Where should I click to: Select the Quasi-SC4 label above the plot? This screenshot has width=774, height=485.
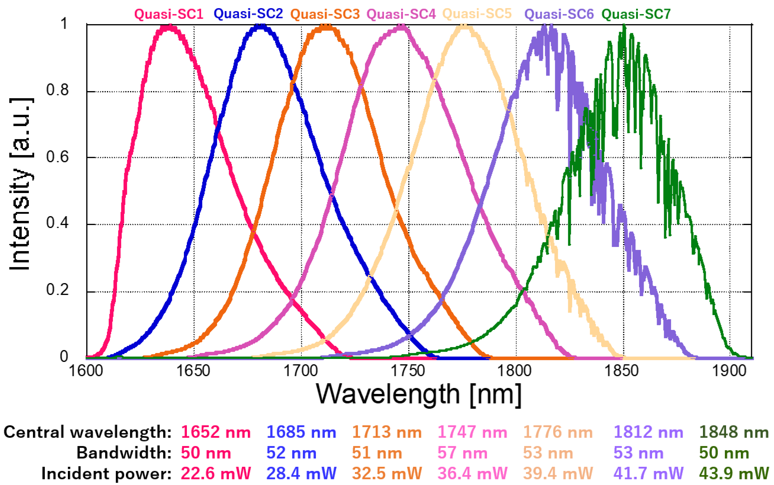point(401,14)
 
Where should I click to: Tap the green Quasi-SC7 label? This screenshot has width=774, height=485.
point(636,14)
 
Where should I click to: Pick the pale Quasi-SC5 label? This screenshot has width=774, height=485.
point(477,14)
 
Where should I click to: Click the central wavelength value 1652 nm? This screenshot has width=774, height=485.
point(216,432)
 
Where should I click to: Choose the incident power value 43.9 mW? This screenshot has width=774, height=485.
point(734,473)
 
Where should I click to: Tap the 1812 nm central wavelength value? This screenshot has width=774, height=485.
point(648,432)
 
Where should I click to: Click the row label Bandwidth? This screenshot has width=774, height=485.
point(124,453)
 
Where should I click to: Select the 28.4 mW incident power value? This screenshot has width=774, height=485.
point(301,473)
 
